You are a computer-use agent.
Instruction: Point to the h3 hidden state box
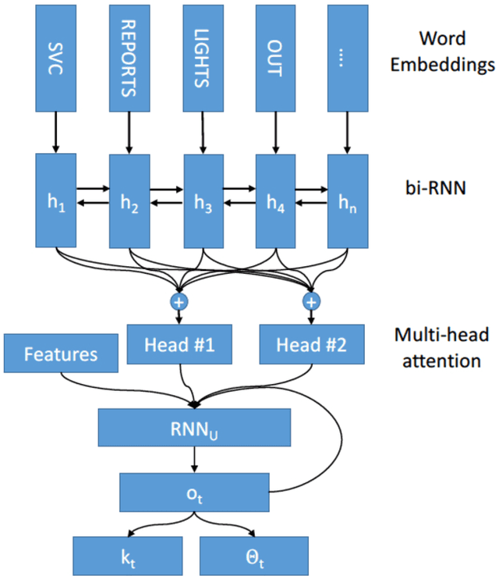point(203,200)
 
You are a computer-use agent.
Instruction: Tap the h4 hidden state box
point(274,200)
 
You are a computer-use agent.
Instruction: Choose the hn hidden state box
point(347,200)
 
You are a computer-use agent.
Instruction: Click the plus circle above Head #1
point(179,301)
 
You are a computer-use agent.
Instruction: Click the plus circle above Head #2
point(311,301)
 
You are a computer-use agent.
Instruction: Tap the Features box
point(61,354)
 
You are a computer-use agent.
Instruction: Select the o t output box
point(194,490)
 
